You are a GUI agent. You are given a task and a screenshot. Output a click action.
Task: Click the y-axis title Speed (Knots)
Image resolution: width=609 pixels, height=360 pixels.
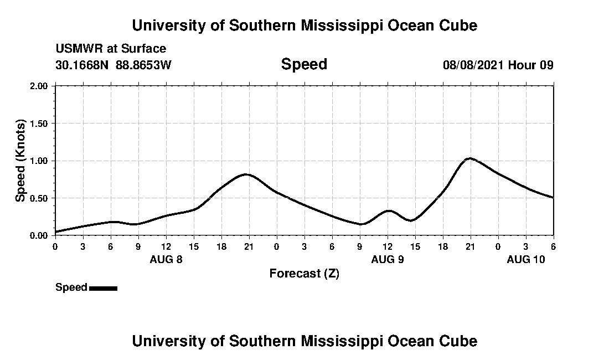point(20,161)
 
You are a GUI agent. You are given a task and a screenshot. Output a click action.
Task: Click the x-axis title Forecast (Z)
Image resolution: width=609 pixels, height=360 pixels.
point(304,274)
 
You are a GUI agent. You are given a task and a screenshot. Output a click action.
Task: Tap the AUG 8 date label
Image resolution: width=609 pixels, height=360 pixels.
point(166,259)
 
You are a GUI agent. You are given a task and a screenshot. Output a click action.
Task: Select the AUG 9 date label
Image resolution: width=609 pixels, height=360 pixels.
point(388,259)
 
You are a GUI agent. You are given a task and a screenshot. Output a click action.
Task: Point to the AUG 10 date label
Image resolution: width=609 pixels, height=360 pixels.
point(526,259)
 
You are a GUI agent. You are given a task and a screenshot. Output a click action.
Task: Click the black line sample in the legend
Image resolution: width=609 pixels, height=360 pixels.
point(103,288)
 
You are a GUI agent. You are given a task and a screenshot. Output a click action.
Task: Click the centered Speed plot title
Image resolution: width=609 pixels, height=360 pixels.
point(304,64)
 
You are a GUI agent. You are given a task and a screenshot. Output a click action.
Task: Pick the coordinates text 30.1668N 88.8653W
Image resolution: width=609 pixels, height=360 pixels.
point(113,65)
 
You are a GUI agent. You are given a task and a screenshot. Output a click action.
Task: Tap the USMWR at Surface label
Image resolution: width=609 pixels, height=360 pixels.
point(111,49)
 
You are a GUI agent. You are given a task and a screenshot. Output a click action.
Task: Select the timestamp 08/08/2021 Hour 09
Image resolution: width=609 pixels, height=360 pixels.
point(498,65)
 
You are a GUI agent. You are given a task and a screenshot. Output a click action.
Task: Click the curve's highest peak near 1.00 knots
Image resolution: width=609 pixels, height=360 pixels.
point(470,158)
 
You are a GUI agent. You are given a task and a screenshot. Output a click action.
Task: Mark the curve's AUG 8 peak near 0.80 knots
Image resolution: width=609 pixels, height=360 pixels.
point(245,174)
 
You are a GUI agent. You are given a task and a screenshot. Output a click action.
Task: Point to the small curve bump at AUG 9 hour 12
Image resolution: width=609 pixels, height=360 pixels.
point(389,210)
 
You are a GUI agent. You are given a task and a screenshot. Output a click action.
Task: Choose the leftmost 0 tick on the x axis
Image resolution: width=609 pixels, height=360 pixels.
point(55,246)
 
